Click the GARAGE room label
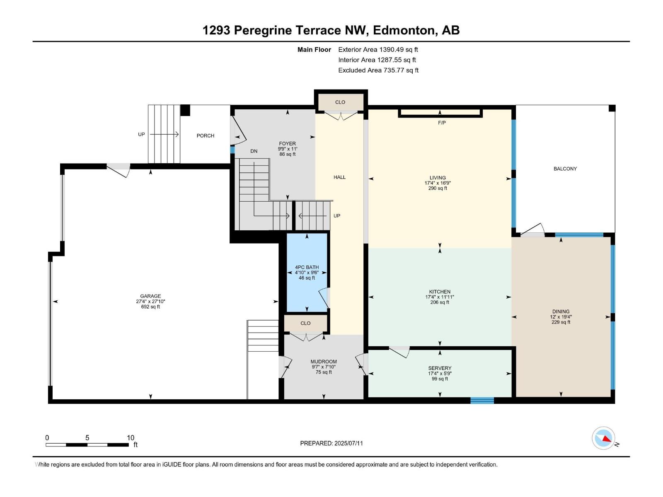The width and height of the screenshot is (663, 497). (x=150, y=296)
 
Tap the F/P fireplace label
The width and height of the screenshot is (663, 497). (x=442, y=123)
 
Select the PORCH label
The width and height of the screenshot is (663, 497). (x=206, y=136)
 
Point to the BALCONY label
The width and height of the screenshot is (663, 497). (x=565, y=169)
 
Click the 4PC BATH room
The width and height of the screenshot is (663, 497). (x=307, y=273)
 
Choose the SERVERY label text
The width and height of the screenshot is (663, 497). (x=440, y=368)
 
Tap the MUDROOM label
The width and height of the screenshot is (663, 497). (x=324, y=362)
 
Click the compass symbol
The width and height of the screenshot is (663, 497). (x=603, y=439)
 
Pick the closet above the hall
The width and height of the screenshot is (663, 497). (x=340, y=102)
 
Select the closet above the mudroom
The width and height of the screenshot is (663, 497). (x=306, y=323)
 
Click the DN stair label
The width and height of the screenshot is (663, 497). (x=254, y=151)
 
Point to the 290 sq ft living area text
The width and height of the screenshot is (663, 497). (x=438, y=188)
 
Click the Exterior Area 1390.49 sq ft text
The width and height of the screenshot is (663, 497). (x=378, y=49)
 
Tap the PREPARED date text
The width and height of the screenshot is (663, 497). (x=331, y=443)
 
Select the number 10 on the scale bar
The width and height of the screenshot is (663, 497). (x=131, y=437)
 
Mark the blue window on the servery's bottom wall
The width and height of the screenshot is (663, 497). (x=482, y=400)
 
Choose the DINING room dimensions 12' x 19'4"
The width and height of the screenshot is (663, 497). (x=561, y=317)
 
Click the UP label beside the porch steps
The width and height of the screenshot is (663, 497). (x=141, y=134)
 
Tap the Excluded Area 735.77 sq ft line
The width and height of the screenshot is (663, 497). (x=378, y=70)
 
